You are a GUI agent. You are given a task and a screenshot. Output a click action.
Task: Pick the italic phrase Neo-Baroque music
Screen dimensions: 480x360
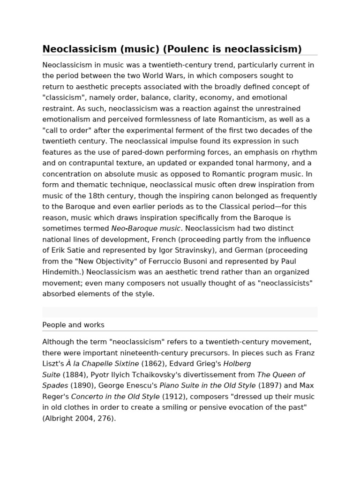[x=145, y=228]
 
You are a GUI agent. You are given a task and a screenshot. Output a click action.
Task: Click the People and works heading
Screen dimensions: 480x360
[x=74, y=324]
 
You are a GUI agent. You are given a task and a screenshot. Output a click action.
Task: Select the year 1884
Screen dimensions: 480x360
[x=73, y=375]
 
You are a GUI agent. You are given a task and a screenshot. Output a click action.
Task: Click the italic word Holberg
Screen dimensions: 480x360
[x=237, y=363]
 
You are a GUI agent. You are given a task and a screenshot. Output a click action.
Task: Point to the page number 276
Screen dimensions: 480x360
[x=105, y=418]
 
